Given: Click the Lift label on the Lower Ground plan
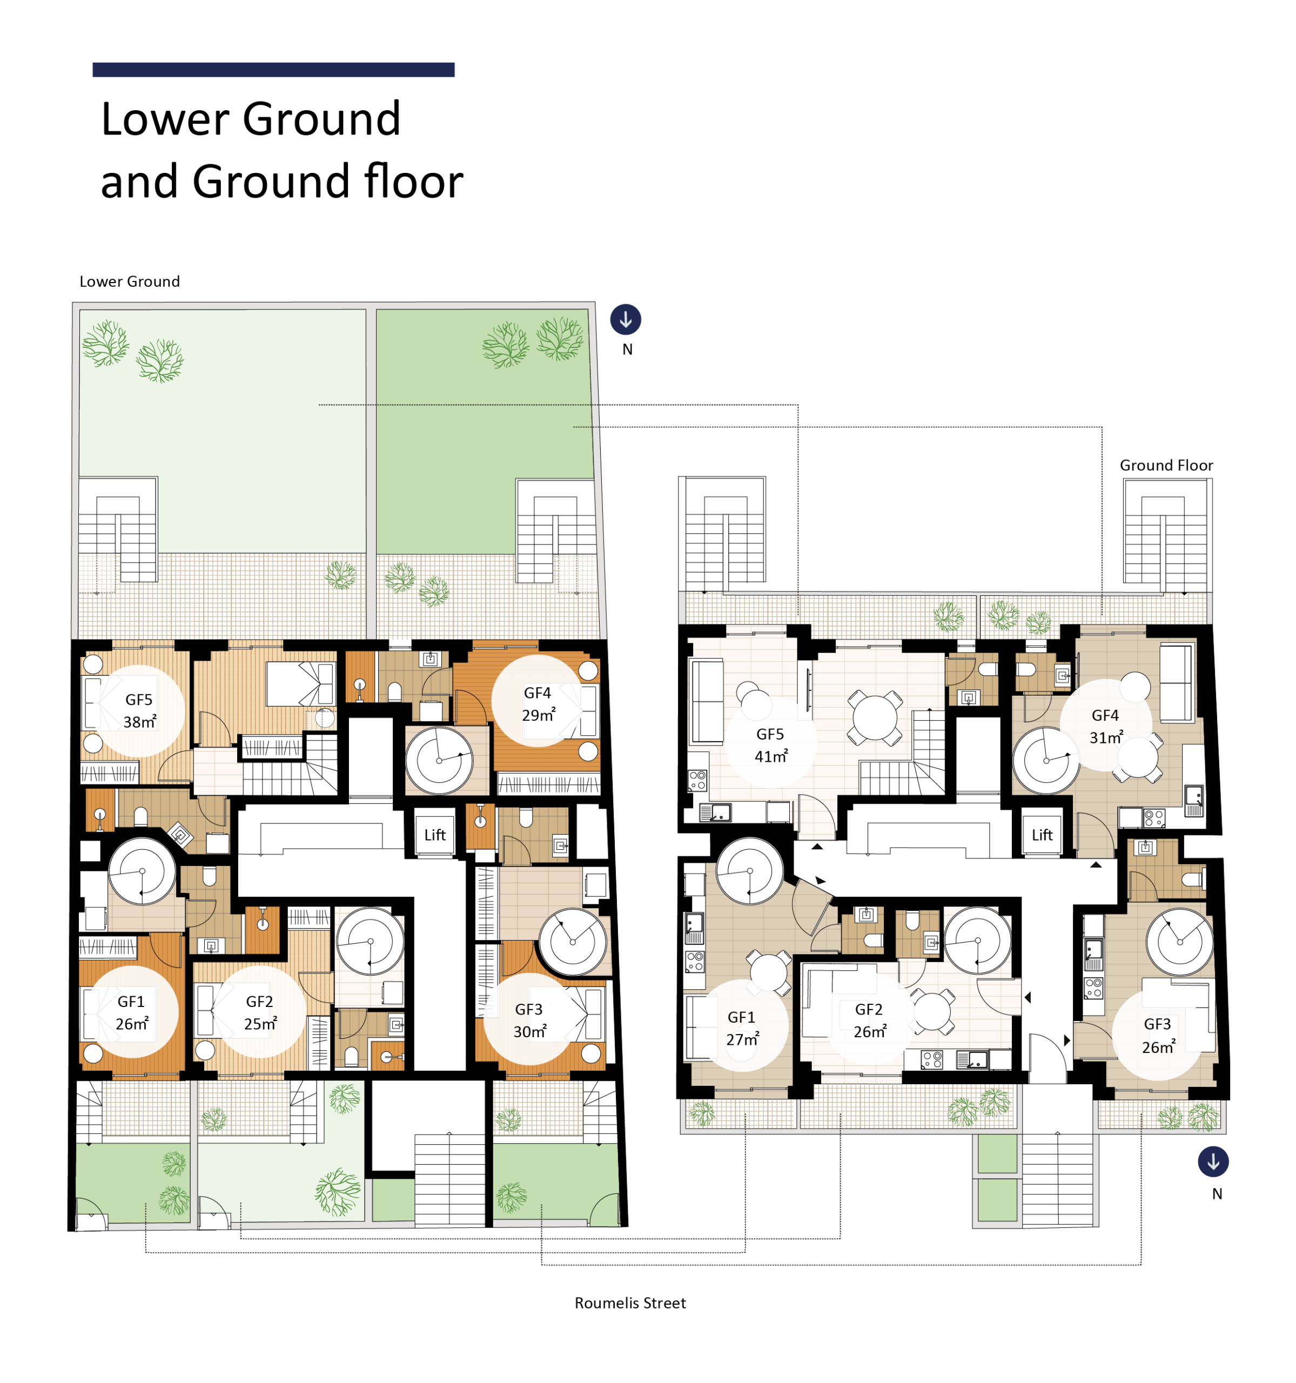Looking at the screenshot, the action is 435,835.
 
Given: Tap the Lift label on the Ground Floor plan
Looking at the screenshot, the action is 1042,835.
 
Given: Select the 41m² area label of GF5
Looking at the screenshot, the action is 771,756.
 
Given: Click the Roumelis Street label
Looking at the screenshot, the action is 629,1303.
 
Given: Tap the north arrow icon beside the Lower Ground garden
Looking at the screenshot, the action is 626,319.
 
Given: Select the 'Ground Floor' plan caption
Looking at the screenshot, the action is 1166,465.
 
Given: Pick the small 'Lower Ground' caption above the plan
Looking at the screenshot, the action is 130,281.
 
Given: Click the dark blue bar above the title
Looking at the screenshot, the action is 273,70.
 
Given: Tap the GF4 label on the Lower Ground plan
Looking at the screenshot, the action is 537,693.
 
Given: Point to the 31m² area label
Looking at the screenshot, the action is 1106,737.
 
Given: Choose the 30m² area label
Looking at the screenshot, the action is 529,1032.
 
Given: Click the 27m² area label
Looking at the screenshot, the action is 742,1039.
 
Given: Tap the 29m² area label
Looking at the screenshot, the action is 539,715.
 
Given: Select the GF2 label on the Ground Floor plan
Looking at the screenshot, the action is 869,1009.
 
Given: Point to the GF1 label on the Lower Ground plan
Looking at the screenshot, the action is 131,1002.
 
